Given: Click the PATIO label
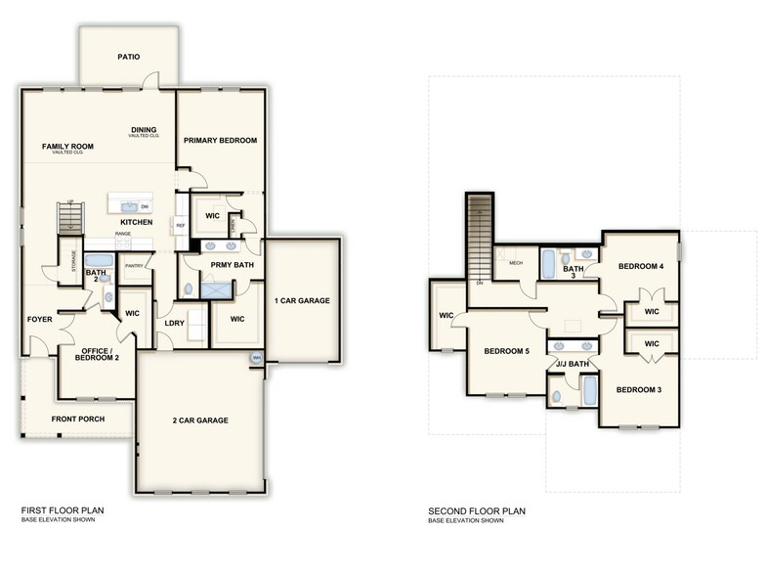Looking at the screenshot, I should (x=128, y=57).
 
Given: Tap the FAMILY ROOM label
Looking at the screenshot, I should (x=66, y=147).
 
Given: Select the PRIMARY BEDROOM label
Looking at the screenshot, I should (x=220, y=141).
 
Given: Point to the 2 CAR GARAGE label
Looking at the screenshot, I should (x=199, y=420).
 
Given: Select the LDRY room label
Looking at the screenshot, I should (x=175, y=323).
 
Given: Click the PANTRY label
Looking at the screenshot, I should (x=135, y=266).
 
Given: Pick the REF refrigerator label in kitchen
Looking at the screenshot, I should (x=181, y=226).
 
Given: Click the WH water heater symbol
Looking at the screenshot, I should (x=256, y=358).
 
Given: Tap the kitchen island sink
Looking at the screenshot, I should (x=130, y=206).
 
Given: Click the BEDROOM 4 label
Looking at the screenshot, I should (x=640, y=266).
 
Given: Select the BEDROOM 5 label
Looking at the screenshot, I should (x=506, y=350).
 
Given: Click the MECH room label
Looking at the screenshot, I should (x=516, y=263).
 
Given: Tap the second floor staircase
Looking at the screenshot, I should (x=479, y=235).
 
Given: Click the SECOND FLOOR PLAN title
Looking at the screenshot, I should (x=477, y=510).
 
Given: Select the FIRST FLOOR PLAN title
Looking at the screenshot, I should (x=63, y=510).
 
